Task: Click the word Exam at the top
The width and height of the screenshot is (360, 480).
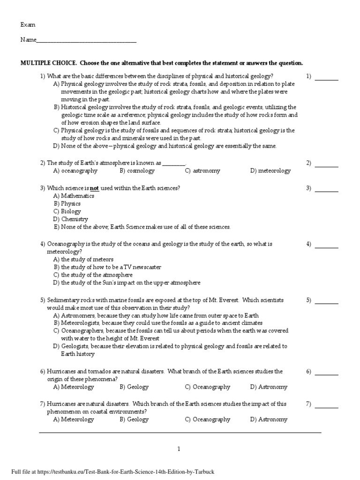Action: pos(28,25)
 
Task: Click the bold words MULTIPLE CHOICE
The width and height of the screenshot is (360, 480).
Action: pos(49,63)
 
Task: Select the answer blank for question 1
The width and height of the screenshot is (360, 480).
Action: pos(326,77)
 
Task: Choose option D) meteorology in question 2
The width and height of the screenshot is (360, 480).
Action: pos(270,171)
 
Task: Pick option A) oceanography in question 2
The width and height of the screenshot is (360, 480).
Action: pos(75,171)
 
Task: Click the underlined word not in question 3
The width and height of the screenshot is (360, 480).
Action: pos(94,188)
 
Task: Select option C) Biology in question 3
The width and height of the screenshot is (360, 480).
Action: pos(67,211)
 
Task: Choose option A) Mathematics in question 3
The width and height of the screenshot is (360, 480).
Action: pos(74,196)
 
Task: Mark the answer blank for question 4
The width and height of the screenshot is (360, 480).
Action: pos(326,245)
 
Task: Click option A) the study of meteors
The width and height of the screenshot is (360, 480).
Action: pos(83,259)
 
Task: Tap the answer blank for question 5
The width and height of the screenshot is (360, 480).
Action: pos(326,301)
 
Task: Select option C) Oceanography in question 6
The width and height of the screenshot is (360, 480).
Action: pos(208,387)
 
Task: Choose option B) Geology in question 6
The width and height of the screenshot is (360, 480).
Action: pos(134,387)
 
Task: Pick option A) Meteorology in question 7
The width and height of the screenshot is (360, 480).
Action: pos(74,420)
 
